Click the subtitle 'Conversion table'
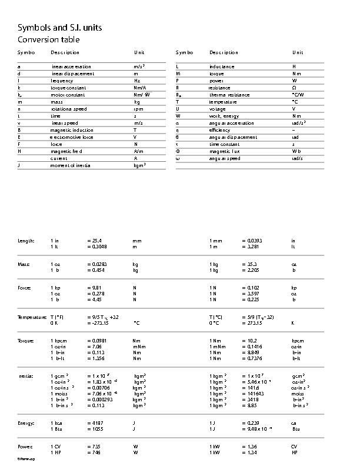coord(48,39)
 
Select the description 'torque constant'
coord(68,88)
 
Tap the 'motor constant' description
coord(68,95)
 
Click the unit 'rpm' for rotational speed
coord(138,109)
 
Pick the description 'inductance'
coord(222,66)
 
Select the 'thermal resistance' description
coord(226,95)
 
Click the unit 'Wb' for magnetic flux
coord(296,151)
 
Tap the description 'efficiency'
coord(219,130)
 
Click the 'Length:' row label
coord(26,241)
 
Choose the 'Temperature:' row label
coord(32,317)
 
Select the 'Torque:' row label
coord(26,341)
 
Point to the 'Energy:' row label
coord(26,423)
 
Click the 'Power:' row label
coord(25,447)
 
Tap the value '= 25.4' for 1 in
coord(95,241)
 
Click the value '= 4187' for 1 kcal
coord(95,423)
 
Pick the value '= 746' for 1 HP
coord(93,452)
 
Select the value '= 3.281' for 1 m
coord(250,247)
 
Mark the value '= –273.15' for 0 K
coord(98,323)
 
